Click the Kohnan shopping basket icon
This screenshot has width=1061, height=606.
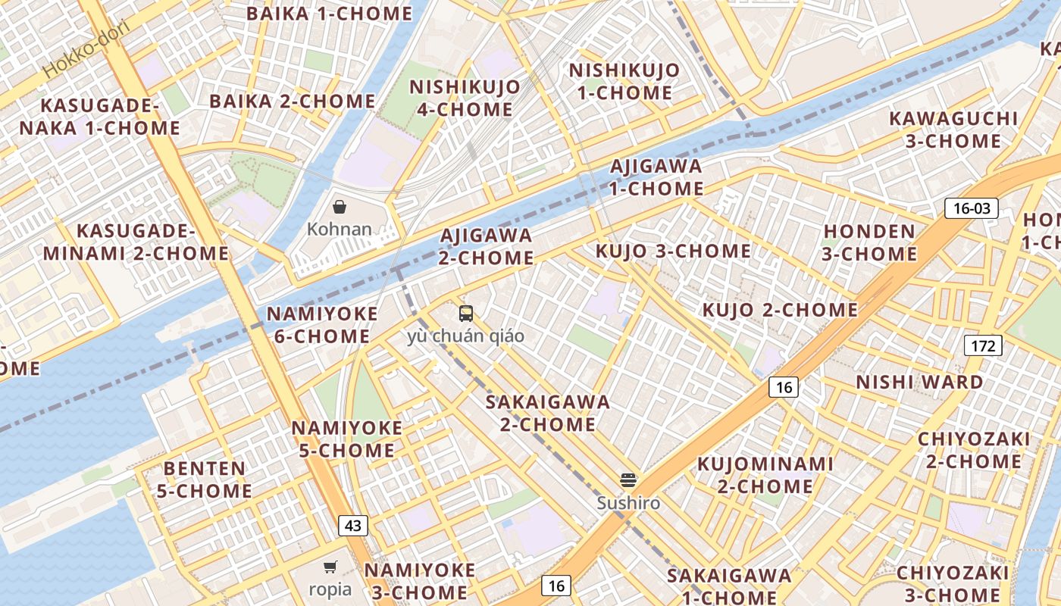pyautogui.click(x=340, y=207)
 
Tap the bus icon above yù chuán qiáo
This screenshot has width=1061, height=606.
pyautogui.click(x=465, y=313)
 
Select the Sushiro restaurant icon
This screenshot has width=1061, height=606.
pyautogui.click(x=628, y=479)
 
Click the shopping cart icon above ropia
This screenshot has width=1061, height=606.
pyautogui.click(x=330, y=567)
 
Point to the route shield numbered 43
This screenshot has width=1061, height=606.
pyautogui.click(x=353, y=525)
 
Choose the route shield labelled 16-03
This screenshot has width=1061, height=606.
pyautogui.click(x=972, y=208)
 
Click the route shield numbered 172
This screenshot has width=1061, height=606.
pyautogui.click(x=983, y=346)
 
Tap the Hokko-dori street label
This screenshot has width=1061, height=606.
pyautogui.click(x=86, y=48)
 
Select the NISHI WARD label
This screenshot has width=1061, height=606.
pyautogui.click(x=919, y=382)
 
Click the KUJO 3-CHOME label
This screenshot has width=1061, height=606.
pyautogui.click(x=673, y=251)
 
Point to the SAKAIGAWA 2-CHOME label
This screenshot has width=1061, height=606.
pyautogui.click(x=548, y=413)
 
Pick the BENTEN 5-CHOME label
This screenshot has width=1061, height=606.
pyautogui.click(x=205, y=479)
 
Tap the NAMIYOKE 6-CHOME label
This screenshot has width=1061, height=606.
pyautogui.click(x=322, y=325)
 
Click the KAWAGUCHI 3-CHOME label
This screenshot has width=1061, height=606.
pyautogui.click(x=953, y=130)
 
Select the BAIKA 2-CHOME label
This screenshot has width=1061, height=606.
pyautogui.click(x=292, y=101)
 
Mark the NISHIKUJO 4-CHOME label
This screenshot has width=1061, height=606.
pyautogui.click(x=465, y=98)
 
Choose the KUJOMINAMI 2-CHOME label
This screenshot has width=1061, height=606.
pyautogui.click(x=765, y=474)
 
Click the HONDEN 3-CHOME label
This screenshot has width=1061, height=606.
pyautogui.click(x=869, y=242)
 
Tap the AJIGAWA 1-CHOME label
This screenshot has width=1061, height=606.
pyautogui.click(x=656, y=176)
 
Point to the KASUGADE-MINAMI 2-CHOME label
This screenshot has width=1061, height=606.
pyautogui.click(x=136, y=242)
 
